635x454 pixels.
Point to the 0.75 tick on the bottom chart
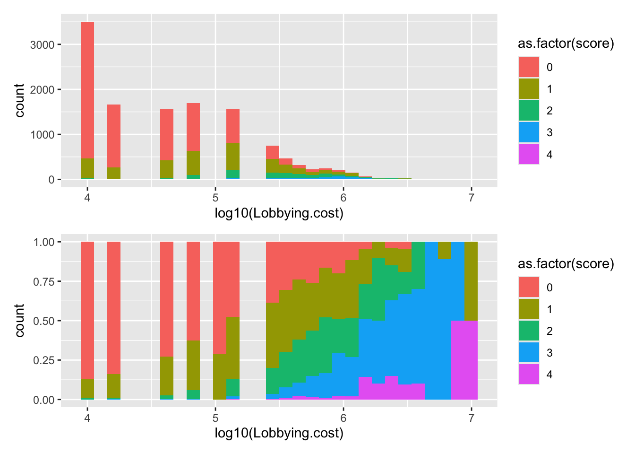44,281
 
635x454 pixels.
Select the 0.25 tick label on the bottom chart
44,360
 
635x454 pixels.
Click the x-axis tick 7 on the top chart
472,198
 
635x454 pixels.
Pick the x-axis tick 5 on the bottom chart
215,418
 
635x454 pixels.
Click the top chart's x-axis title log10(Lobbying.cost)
279,213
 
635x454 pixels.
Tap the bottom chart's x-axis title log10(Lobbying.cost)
279,433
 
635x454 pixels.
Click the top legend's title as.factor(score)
566,44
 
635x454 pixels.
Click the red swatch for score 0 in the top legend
529,67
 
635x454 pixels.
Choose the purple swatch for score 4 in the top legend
529,155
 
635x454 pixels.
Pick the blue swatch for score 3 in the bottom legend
529,353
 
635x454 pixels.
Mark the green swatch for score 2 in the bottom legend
529,331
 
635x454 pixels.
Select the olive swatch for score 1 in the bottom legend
529,309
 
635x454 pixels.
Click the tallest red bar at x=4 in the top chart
87,90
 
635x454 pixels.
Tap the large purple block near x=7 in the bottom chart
464,359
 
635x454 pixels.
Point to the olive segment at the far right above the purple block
471,281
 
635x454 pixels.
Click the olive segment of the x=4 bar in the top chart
87,168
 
